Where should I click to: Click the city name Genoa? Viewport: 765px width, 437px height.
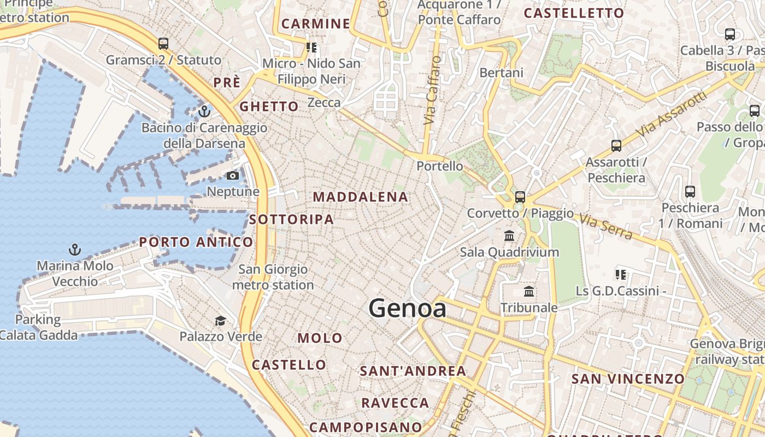(407, 309)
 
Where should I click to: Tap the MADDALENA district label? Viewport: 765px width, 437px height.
(361, 197)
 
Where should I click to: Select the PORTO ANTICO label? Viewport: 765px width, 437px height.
(196, 242)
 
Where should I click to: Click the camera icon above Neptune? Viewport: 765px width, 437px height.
(233, 176)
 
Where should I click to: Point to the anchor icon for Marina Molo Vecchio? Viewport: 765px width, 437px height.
(75, 250)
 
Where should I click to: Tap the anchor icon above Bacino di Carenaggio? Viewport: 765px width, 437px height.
(204, 111)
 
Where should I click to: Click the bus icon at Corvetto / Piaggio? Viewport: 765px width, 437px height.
(520, 197)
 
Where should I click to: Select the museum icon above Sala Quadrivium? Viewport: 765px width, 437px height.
(510, 236)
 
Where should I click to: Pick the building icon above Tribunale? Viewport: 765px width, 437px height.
(529, 291)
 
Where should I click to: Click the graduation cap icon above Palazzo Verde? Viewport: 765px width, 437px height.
(220, 321)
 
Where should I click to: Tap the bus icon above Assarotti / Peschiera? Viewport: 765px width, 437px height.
(616, 146)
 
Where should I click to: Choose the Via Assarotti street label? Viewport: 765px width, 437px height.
(672, 114)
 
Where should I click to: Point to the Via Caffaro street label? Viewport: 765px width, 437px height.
(432, 90)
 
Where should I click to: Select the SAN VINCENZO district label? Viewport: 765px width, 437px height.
(628, 379)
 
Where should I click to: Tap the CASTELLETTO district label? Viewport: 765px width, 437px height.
(574, 14)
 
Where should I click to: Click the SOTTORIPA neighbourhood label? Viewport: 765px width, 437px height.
(291, 220)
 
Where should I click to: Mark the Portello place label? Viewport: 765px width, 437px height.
(440, 166)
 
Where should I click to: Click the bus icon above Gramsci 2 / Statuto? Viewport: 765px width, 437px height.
(163, 44)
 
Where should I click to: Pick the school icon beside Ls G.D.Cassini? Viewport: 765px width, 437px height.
(620, 274)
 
